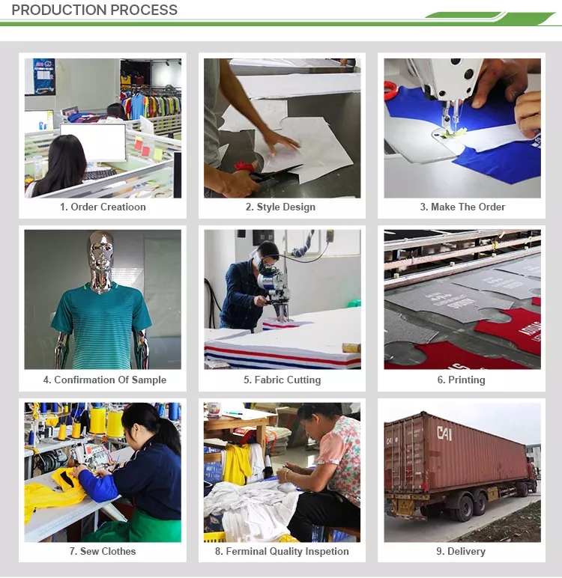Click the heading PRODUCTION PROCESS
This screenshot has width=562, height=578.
coord(94,10)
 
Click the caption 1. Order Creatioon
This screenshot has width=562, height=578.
coord(103,207)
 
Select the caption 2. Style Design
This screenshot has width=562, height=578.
coord(280,207)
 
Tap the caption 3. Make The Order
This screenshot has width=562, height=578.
coord(462,207)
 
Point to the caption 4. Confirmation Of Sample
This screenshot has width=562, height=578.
coord(105,380)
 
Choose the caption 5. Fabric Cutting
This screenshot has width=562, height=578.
coord(282,380)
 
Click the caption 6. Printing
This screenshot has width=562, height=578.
coord(462,380)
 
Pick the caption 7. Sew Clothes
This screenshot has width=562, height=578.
coord(103,551)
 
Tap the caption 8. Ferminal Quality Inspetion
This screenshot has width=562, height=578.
coord(282,551)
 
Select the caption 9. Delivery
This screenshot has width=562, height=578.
coord(461,551)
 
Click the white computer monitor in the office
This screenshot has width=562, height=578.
coord(93,142)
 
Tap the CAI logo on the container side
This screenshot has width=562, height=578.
coord(444,433)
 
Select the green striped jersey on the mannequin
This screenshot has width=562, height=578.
coord(101,324)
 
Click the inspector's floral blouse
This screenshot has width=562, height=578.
coord(342,454)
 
